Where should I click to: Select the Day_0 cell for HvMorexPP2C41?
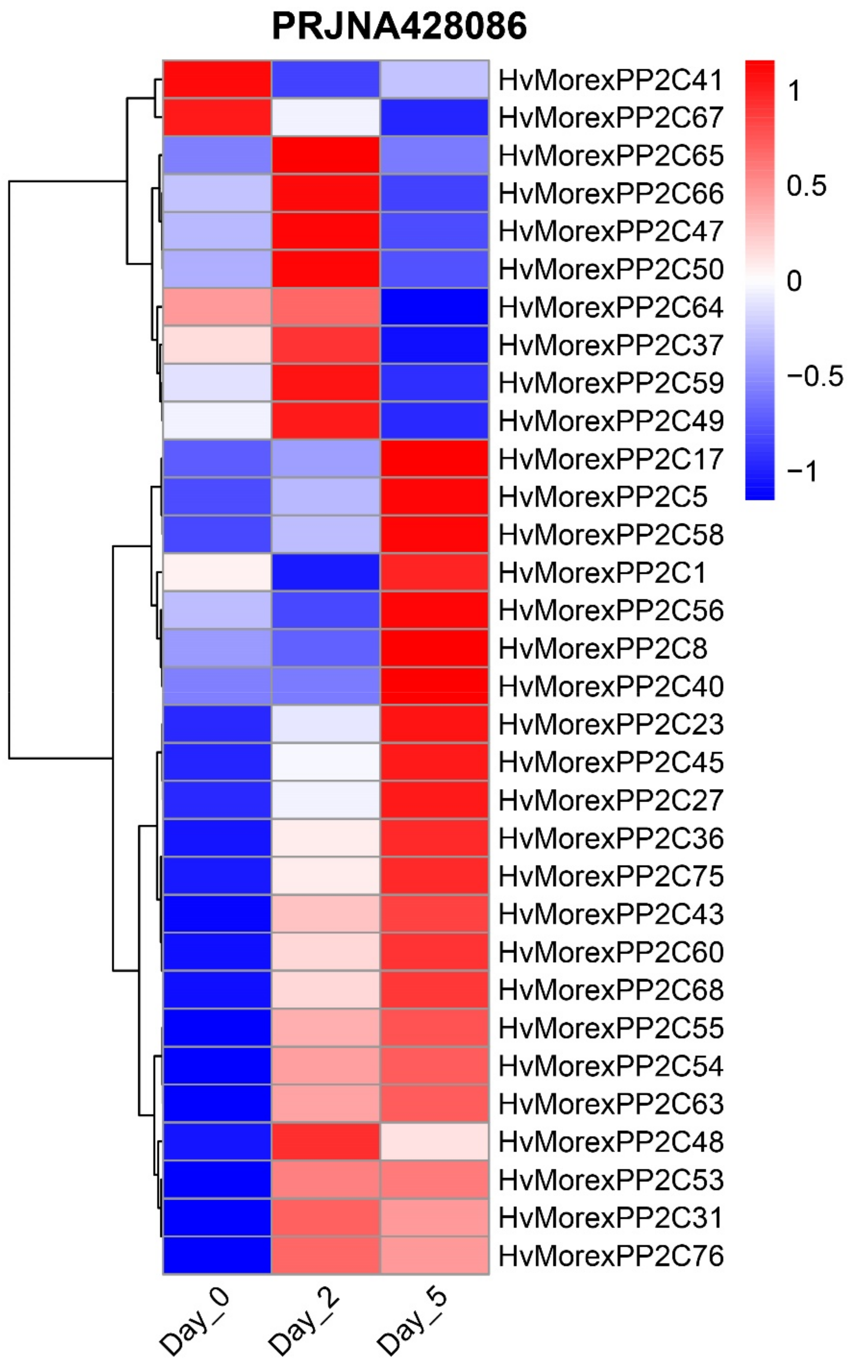click(217, 79)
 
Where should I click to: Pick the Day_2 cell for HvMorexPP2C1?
click(325, 573)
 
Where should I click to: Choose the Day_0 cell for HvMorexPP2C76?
click(217, 1255)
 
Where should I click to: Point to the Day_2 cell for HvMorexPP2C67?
click(325, 117)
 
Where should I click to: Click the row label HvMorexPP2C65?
click(611, 155)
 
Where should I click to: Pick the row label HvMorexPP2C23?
click(611, 724)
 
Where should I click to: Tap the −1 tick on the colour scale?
click(802, 470)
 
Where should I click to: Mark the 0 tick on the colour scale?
click(794, 280)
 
